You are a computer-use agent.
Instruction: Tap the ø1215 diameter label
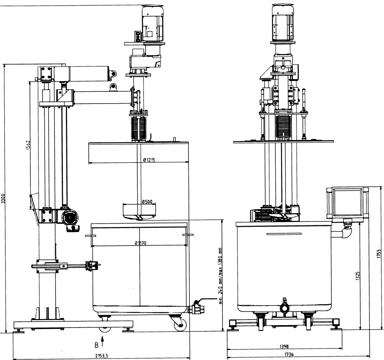coord(149,160)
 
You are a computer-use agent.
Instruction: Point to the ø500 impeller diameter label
coord(147,202)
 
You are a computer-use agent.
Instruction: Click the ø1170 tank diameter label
coord(141,243)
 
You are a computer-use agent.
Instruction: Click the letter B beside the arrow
coord(96,345)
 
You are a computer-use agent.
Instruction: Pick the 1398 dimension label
coord(284,346)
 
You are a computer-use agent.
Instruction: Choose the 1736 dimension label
coord(289,354)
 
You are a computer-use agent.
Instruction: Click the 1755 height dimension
coord(379,254)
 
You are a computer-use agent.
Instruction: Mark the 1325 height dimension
coord(358,276)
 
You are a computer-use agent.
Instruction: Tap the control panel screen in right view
coord(347,202)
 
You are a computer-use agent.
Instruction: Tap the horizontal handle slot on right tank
coord(284,234)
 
